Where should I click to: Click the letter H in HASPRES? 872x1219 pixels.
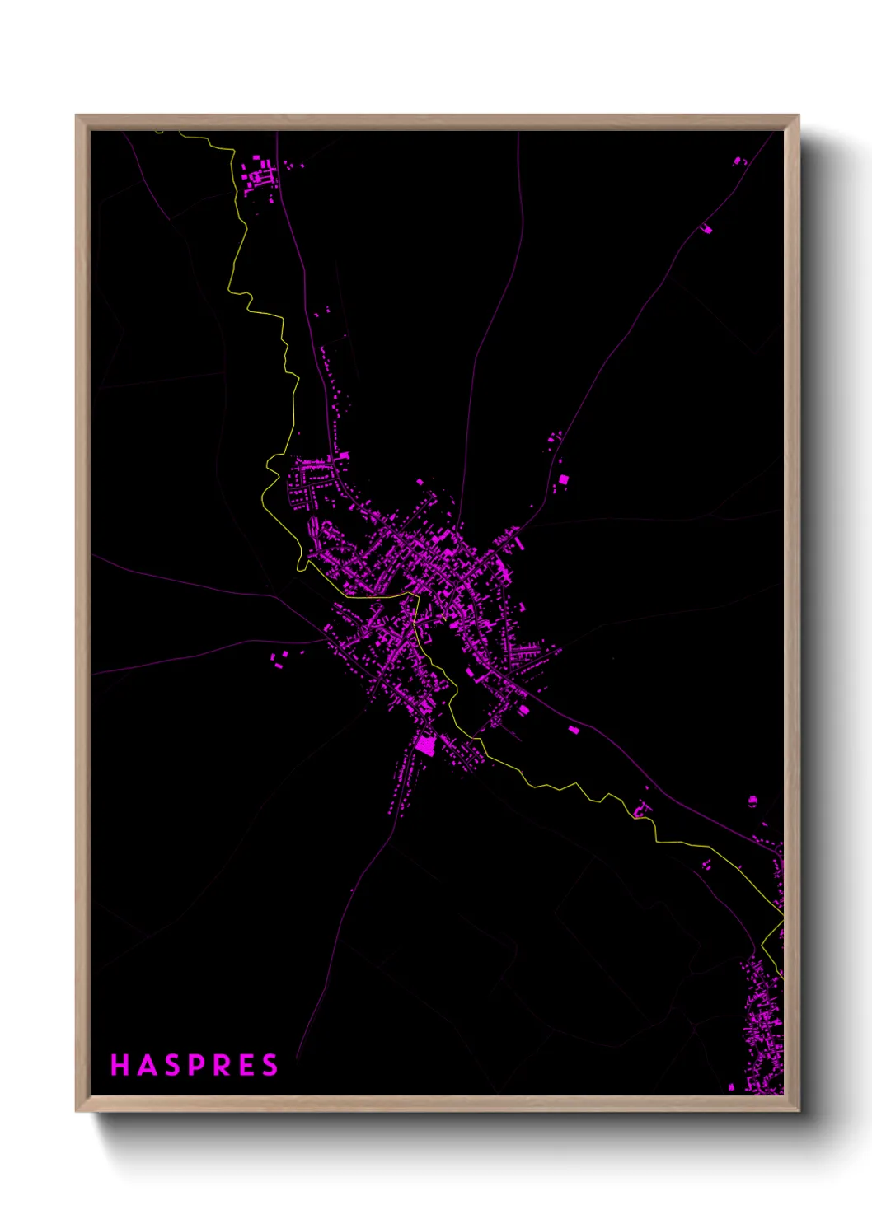pos(120,1065)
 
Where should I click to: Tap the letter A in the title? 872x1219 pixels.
pos(147,1065)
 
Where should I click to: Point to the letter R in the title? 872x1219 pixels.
pos(223,1065)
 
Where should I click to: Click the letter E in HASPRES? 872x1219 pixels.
pos(247,1065)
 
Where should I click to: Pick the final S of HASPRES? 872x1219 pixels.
pos(270,1065)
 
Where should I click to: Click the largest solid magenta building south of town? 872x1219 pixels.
pos(424,745)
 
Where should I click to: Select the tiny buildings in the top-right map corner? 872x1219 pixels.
pos(738,161)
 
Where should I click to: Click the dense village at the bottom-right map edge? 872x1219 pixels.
pos(762,1030)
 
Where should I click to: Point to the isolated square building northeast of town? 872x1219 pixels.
pos(564,479)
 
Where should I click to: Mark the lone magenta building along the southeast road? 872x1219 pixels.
pos(574,730)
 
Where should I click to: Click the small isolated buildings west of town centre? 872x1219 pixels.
pos(280,658)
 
